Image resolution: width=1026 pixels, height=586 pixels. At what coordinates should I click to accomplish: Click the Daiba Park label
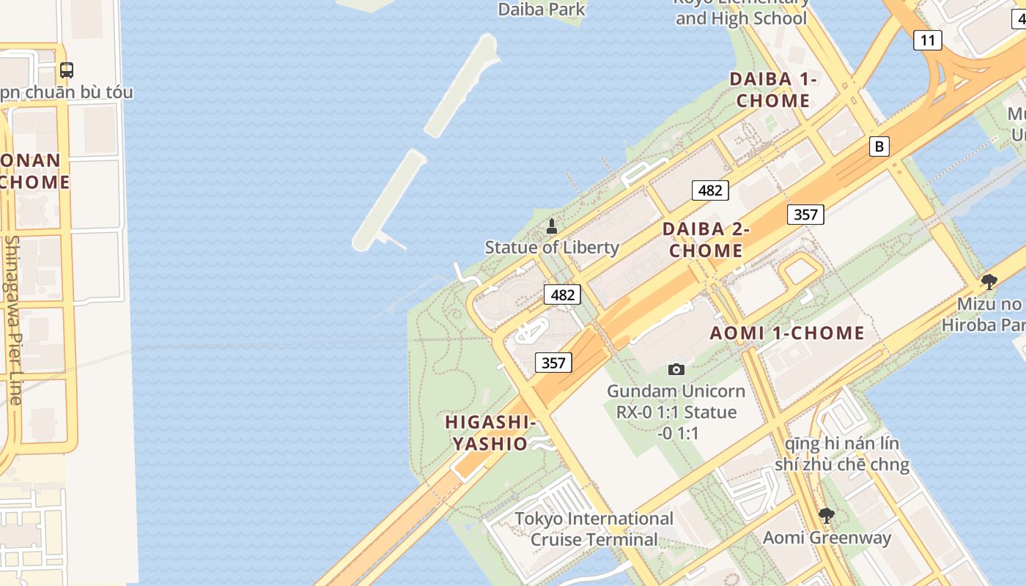[x=542, y=9]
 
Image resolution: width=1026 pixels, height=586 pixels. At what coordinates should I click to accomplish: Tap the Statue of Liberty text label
[x=552, y=248]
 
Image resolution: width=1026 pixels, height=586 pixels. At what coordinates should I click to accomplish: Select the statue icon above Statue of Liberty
[x=552, y=226]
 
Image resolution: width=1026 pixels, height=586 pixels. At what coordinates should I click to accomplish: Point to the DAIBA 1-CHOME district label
[x=773, y=90]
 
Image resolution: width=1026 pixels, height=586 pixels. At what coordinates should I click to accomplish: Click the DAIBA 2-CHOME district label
[x=706, y=240]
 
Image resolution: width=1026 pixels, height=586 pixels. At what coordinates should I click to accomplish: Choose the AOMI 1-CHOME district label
[x=787, y=333]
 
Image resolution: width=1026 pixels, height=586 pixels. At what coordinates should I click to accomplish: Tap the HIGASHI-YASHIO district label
[x=490, y=433]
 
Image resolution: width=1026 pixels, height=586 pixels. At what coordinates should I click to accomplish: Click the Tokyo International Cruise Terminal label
[x=594, y=529]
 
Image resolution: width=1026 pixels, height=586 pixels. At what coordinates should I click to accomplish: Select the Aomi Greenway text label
[x=827, y=538]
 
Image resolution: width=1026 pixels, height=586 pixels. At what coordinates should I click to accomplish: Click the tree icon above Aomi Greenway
[x=826, y=516]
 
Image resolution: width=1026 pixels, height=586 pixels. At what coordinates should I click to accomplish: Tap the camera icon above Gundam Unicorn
[x=676, y=369]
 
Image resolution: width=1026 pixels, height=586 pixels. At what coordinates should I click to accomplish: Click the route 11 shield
[x=927, y=40]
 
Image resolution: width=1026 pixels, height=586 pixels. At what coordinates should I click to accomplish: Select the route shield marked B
[x=879, y=146]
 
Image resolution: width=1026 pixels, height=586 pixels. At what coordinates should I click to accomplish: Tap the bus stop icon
[x=67, y=70]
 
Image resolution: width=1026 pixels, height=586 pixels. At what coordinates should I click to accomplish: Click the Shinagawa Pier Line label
[x=12, y=319]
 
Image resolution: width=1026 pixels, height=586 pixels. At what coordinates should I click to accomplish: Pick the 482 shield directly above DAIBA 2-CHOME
[x=709, y=190]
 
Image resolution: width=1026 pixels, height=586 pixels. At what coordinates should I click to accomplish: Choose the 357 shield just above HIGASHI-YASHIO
[x=553, y=362]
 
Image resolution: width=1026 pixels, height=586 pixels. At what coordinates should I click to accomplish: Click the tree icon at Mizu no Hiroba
[x=989, y=282]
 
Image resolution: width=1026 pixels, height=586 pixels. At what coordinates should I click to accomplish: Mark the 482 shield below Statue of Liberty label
[x=562, y=294]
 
